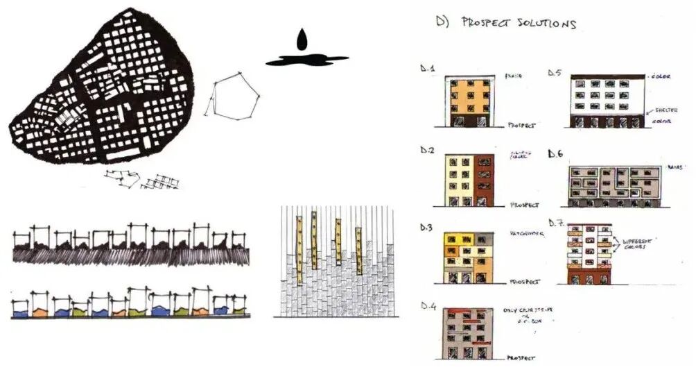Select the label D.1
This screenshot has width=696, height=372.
coord(427,67)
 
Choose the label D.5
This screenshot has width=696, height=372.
coord(555,71)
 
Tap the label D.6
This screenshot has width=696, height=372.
coord(555,153)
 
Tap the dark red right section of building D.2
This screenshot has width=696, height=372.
coord(485,180)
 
